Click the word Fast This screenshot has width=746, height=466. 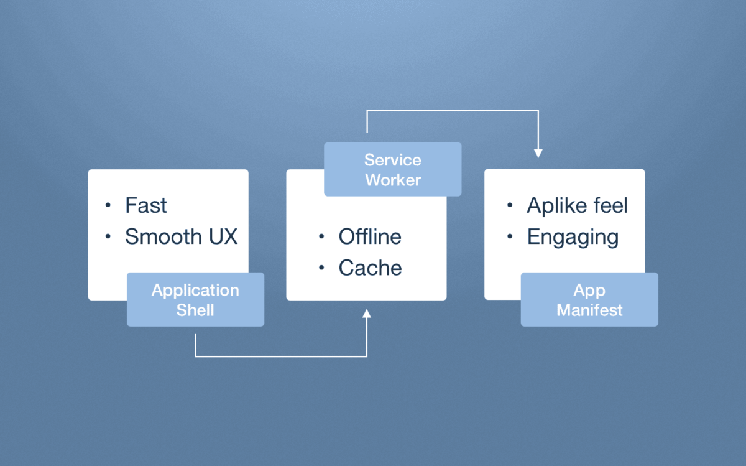click(146, 205)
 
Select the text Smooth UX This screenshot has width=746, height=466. click(181, 237)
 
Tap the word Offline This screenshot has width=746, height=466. click(370, 237)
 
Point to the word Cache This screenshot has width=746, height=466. click(370, 268)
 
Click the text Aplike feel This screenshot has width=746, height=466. click(577, 205)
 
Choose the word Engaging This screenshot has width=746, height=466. click(573, 238)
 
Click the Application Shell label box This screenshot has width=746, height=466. click(195, 299)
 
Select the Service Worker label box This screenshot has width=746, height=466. click(392, 169)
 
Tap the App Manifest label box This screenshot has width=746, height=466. click(589, 299)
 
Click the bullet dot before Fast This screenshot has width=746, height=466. click(109, 205)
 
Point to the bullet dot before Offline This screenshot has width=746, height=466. click(321, 237)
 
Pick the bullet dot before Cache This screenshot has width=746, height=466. click(321, 268)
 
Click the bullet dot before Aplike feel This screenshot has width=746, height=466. click(510, 205)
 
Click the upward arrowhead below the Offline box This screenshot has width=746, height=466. click(367, 313)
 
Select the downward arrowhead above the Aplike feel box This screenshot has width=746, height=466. click(538, 153)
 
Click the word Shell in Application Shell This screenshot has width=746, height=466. click(195, 310)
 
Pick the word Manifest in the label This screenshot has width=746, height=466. click(589, 310)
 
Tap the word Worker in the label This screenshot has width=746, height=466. click(392, 180)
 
